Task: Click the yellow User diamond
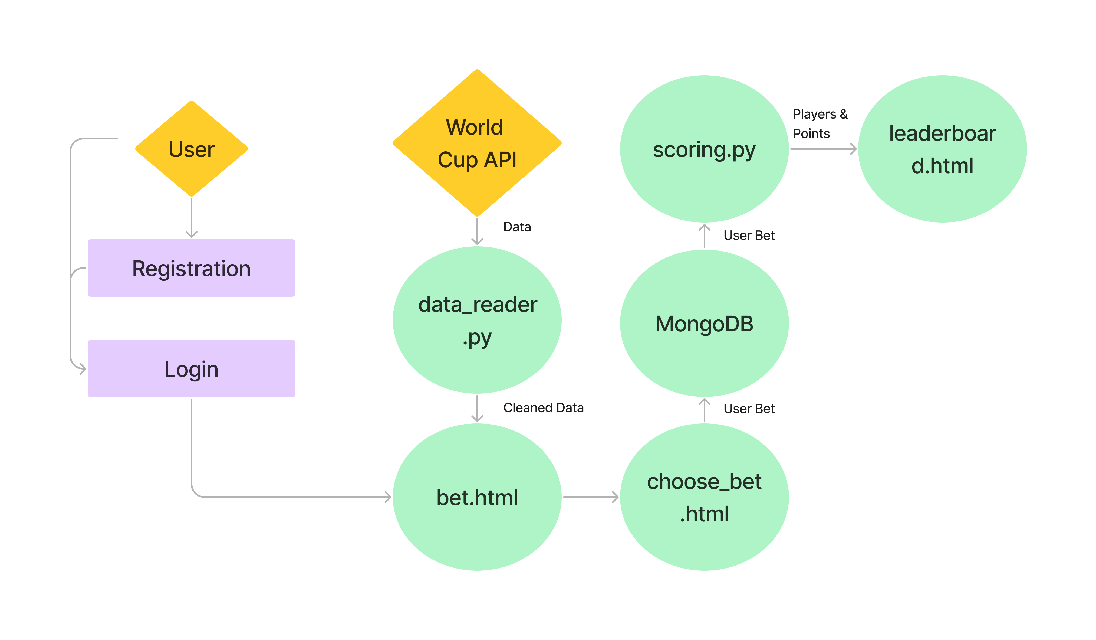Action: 191,149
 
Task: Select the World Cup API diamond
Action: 477,143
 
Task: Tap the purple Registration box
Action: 191,268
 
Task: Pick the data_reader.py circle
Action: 477,320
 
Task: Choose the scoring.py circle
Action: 704,149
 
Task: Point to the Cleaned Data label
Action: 543,408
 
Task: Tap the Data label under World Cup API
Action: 517,227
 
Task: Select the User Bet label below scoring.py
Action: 749,235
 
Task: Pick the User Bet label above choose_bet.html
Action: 749,409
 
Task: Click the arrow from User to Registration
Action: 191,218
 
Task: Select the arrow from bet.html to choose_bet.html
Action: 590,497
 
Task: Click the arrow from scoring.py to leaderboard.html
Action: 823,149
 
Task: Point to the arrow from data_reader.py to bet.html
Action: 477,408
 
